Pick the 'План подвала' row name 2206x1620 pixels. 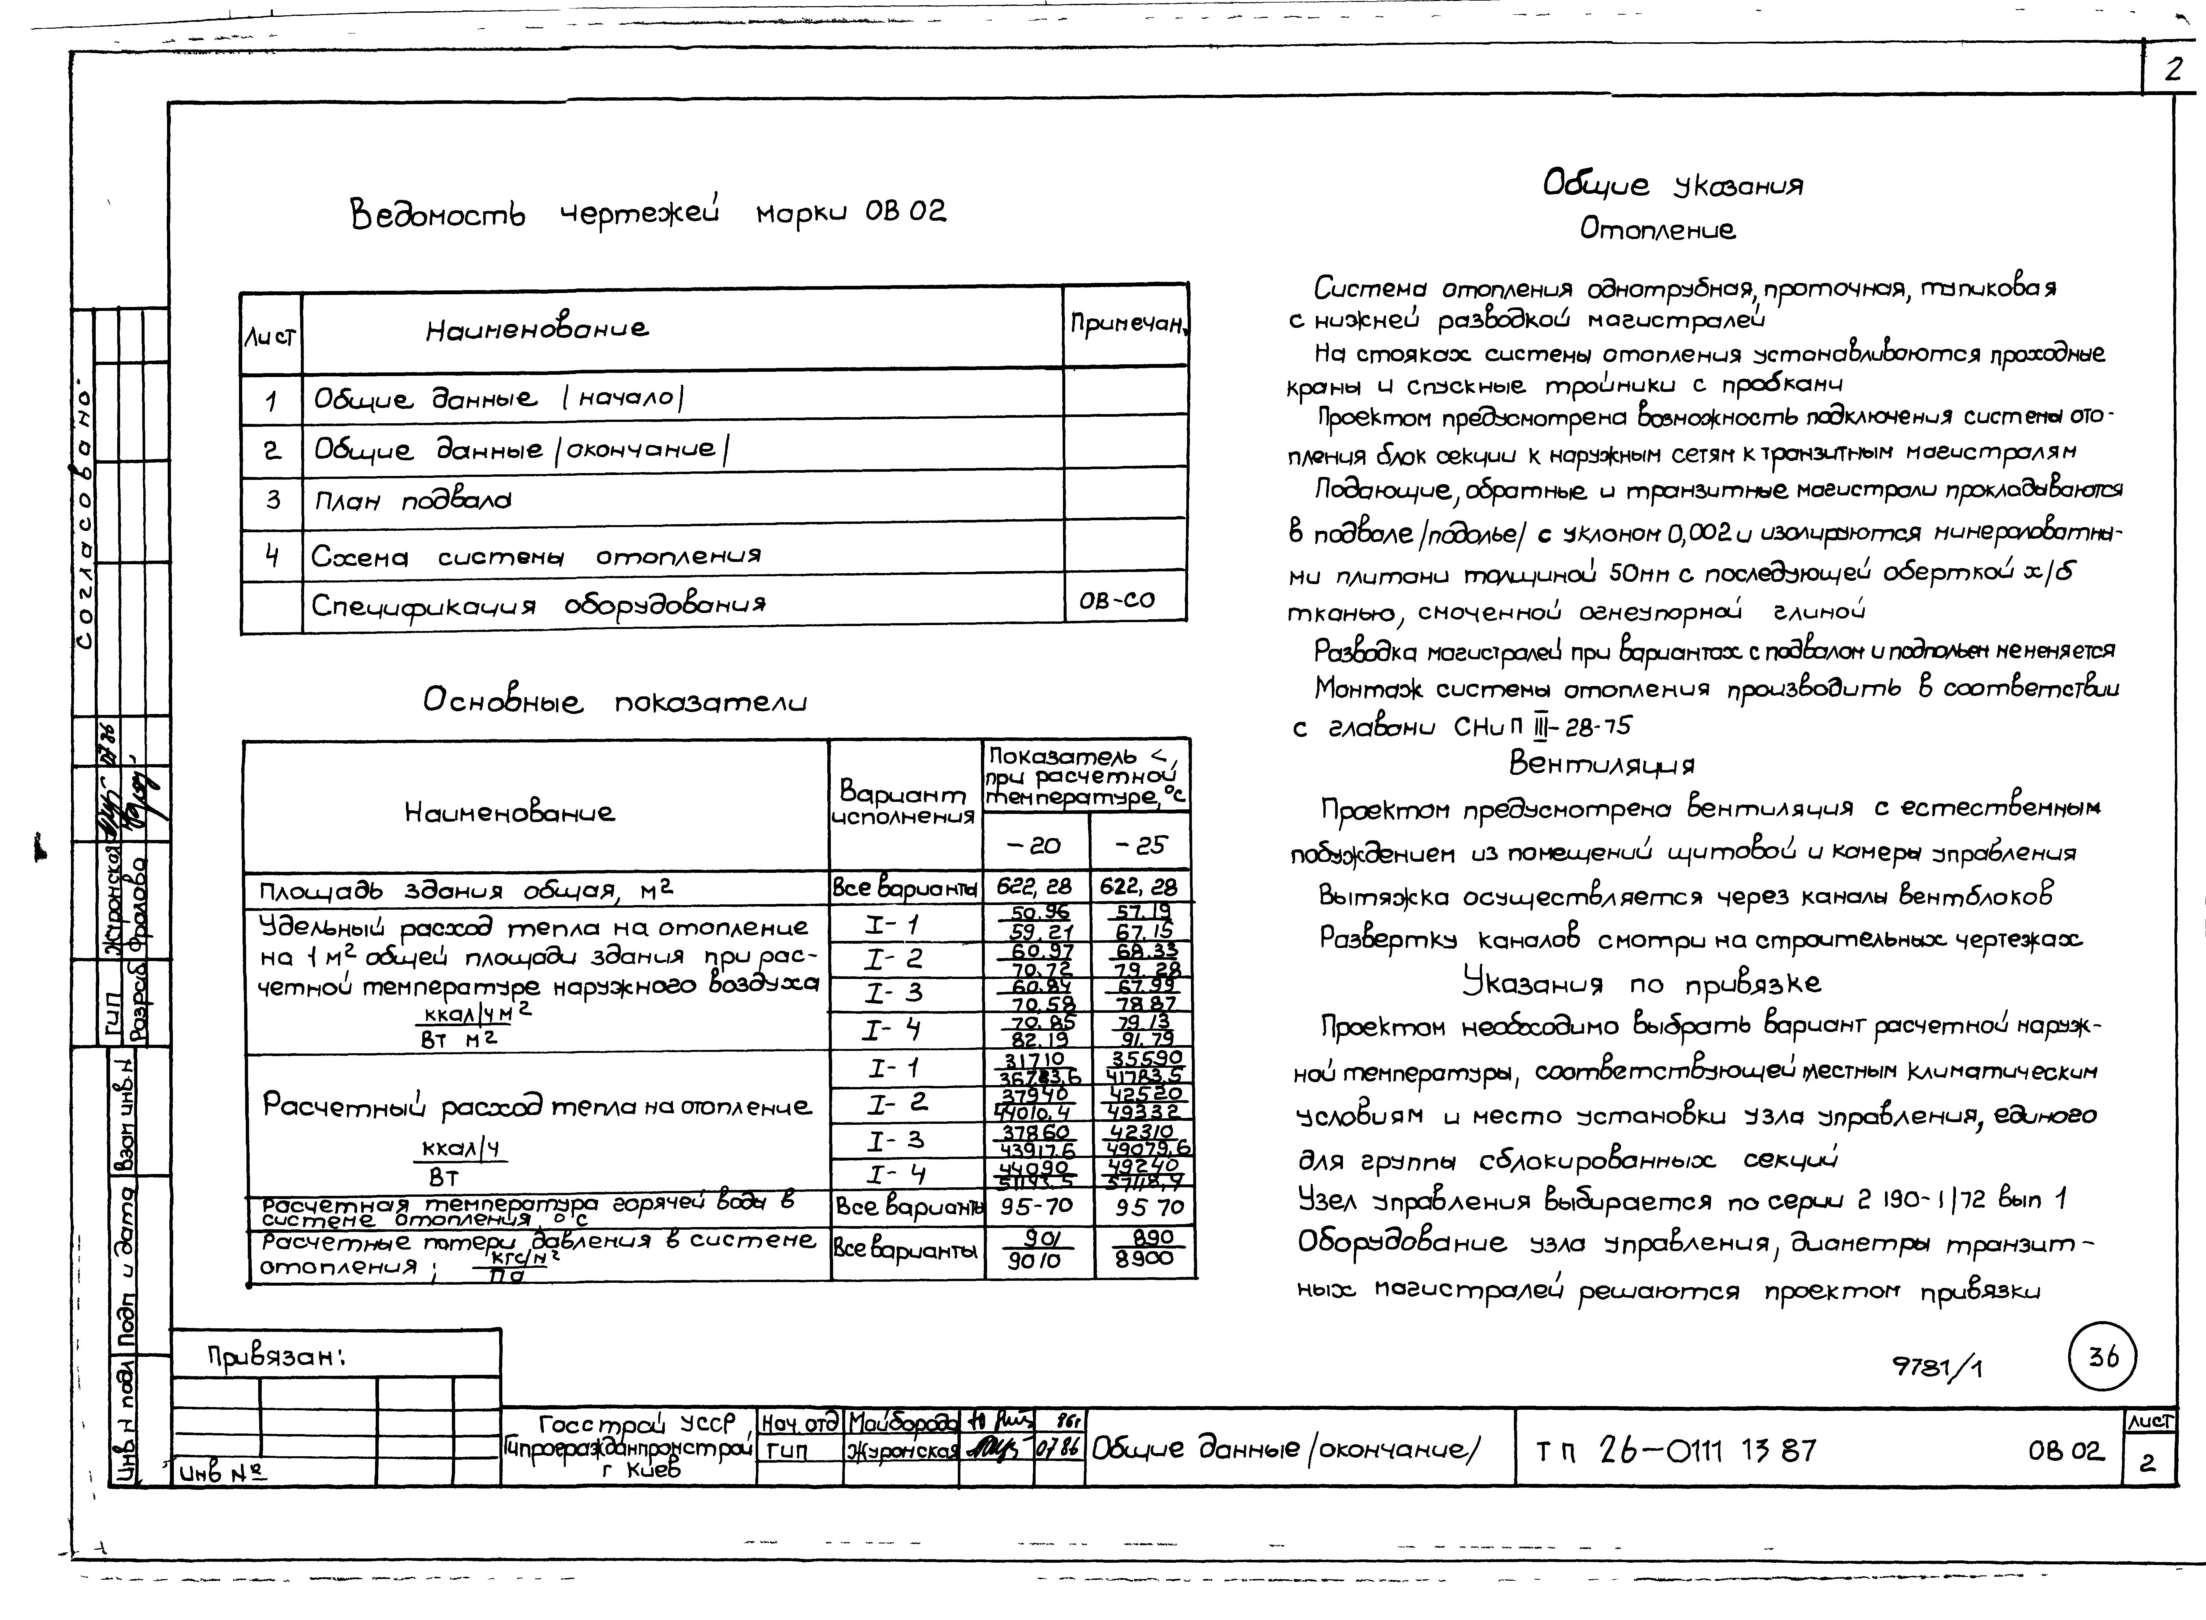(x=412, y=501)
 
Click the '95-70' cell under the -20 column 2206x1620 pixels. (x=1036, y=1206)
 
